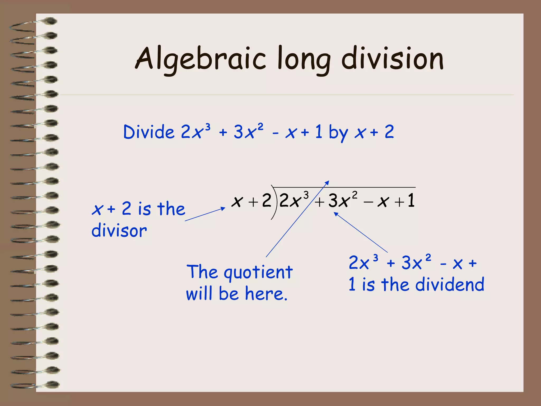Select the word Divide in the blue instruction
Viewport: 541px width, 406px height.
[x=149, y=132]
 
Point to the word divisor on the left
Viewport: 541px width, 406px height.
[x=119, y=230]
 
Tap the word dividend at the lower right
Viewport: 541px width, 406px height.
[x=450, y=285]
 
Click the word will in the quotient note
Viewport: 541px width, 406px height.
[x=199, y=294]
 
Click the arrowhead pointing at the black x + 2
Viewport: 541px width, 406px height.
[x=223, y=209]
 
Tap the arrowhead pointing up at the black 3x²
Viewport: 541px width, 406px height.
[x=336, y=214]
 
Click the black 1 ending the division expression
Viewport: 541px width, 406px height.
[x=411, y=201]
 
